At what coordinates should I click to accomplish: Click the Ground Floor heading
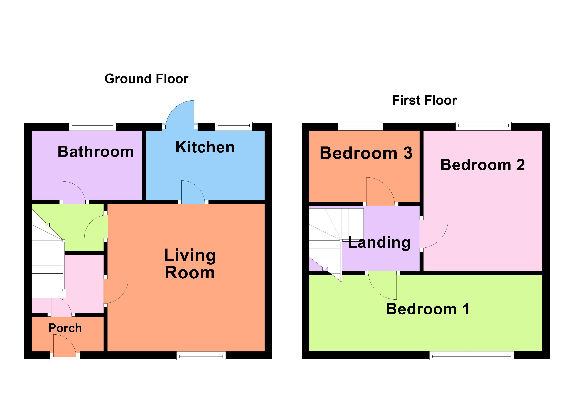click(x=146, y=79)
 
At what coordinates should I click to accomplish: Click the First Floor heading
click(x=424, y=100)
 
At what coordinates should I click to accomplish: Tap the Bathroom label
click(x=96, y=152)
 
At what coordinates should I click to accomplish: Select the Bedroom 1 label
click(x=428, y=309)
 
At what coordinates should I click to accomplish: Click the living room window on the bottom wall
click(x=201, y=355)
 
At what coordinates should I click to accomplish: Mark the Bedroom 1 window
click(x=471, y=355)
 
